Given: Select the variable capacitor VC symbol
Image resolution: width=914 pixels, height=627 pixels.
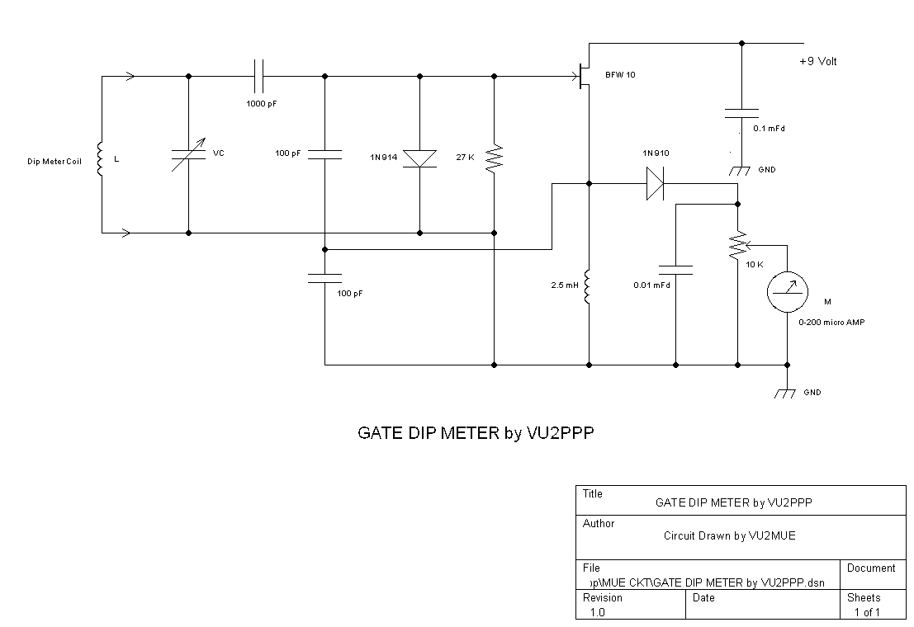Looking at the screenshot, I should (x=189, y=155).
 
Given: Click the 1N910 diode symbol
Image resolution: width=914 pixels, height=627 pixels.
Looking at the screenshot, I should (x=655, y=183).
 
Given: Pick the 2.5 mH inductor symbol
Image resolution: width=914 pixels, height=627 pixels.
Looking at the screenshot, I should (x=588, y=286).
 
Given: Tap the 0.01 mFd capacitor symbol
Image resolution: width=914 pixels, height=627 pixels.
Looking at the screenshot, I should (x=675, y=269).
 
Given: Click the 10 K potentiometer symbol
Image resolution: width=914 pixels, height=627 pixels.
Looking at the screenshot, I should (x=736, y=245).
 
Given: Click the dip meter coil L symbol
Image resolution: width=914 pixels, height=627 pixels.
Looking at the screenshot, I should (x=101, y=159).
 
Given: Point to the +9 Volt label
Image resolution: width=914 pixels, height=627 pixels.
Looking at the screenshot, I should (x=818, y=62).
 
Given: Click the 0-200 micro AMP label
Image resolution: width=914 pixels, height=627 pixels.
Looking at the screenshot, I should (x=831, y=323).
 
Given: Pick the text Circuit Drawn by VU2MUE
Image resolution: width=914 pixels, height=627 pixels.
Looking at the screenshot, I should (x=729, y=536).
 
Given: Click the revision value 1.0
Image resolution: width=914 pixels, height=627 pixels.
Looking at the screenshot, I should (x=597, y=612).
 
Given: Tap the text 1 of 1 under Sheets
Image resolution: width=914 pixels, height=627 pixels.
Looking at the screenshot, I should (x=866, y=612).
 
